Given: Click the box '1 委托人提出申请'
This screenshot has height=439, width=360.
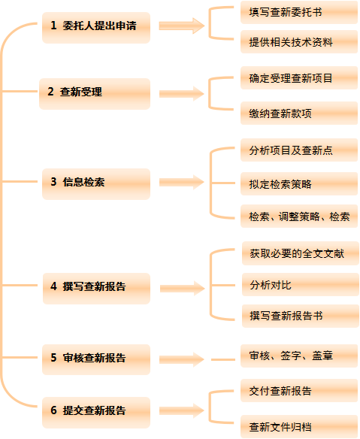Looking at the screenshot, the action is tap(96, 28).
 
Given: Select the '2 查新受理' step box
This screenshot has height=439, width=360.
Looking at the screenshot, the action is tap(95, 94).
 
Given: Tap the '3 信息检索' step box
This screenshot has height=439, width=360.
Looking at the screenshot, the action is tap(96, 184).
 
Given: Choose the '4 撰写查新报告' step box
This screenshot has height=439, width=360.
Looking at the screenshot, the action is tap(96, 289).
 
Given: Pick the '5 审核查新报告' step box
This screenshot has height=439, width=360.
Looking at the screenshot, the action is tap(96, 359).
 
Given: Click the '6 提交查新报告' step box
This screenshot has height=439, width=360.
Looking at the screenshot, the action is tap(96, 413).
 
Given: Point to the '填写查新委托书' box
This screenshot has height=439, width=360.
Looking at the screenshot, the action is tap(299, 12).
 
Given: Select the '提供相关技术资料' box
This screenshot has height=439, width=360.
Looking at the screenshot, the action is tap(299, 41).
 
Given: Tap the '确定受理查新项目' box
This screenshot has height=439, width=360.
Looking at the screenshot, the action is tap(299, 78).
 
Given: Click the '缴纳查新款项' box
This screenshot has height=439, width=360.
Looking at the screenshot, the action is tap(299, 113).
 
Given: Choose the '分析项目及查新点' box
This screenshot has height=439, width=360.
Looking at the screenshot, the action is tap(299, 150).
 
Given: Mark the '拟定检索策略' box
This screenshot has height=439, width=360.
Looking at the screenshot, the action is tap(299, 183).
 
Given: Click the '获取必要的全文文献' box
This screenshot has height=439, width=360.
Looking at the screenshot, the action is tap(301, 253).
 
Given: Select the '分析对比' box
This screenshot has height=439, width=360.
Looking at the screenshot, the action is tap(301, 285).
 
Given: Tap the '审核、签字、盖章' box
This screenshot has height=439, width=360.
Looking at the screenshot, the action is tap(299, 356).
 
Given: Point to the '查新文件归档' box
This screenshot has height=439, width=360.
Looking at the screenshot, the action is tap(299, 427).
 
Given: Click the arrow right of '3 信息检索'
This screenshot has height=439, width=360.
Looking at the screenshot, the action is tap(182, 182).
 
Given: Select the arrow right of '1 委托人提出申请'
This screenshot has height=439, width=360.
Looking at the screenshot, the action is tap(182, 26).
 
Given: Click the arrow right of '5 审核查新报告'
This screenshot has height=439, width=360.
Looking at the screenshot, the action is tap(182, 359).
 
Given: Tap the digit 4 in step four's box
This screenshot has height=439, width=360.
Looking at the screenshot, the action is tap(53, 286).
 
